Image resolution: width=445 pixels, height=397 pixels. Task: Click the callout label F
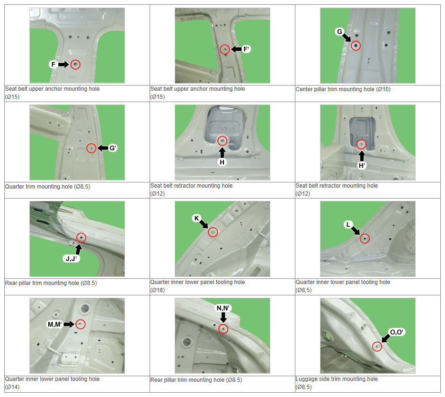53,64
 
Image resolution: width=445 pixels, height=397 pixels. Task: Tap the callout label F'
246,49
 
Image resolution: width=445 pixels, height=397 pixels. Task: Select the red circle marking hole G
356,46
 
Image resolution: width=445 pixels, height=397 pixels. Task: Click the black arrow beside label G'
103,148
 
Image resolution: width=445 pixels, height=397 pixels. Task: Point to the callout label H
222,162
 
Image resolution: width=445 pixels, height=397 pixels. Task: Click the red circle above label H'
361,144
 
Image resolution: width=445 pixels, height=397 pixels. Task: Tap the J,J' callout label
71,259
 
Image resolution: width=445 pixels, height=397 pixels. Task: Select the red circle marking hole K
213,232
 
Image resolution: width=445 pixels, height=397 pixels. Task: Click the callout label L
348,224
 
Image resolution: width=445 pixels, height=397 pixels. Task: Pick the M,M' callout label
54,324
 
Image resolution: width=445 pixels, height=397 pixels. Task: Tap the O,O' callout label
397,332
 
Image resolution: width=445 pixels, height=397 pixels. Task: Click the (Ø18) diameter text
158,290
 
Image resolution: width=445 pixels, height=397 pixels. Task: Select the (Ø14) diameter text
12,387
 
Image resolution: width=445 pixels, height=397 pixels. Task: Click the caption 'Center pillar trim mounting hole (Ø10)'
343,89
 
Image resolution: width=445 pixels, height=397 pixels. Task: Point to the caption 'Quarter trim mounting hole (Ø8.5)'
48,187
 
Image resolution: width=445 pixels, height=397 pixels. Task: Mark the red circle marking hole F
75,64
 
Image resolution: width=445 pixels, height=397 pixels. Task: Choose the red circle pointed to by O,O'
377,346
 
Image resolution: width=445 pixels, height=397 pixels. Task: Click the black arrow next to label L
356,230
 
